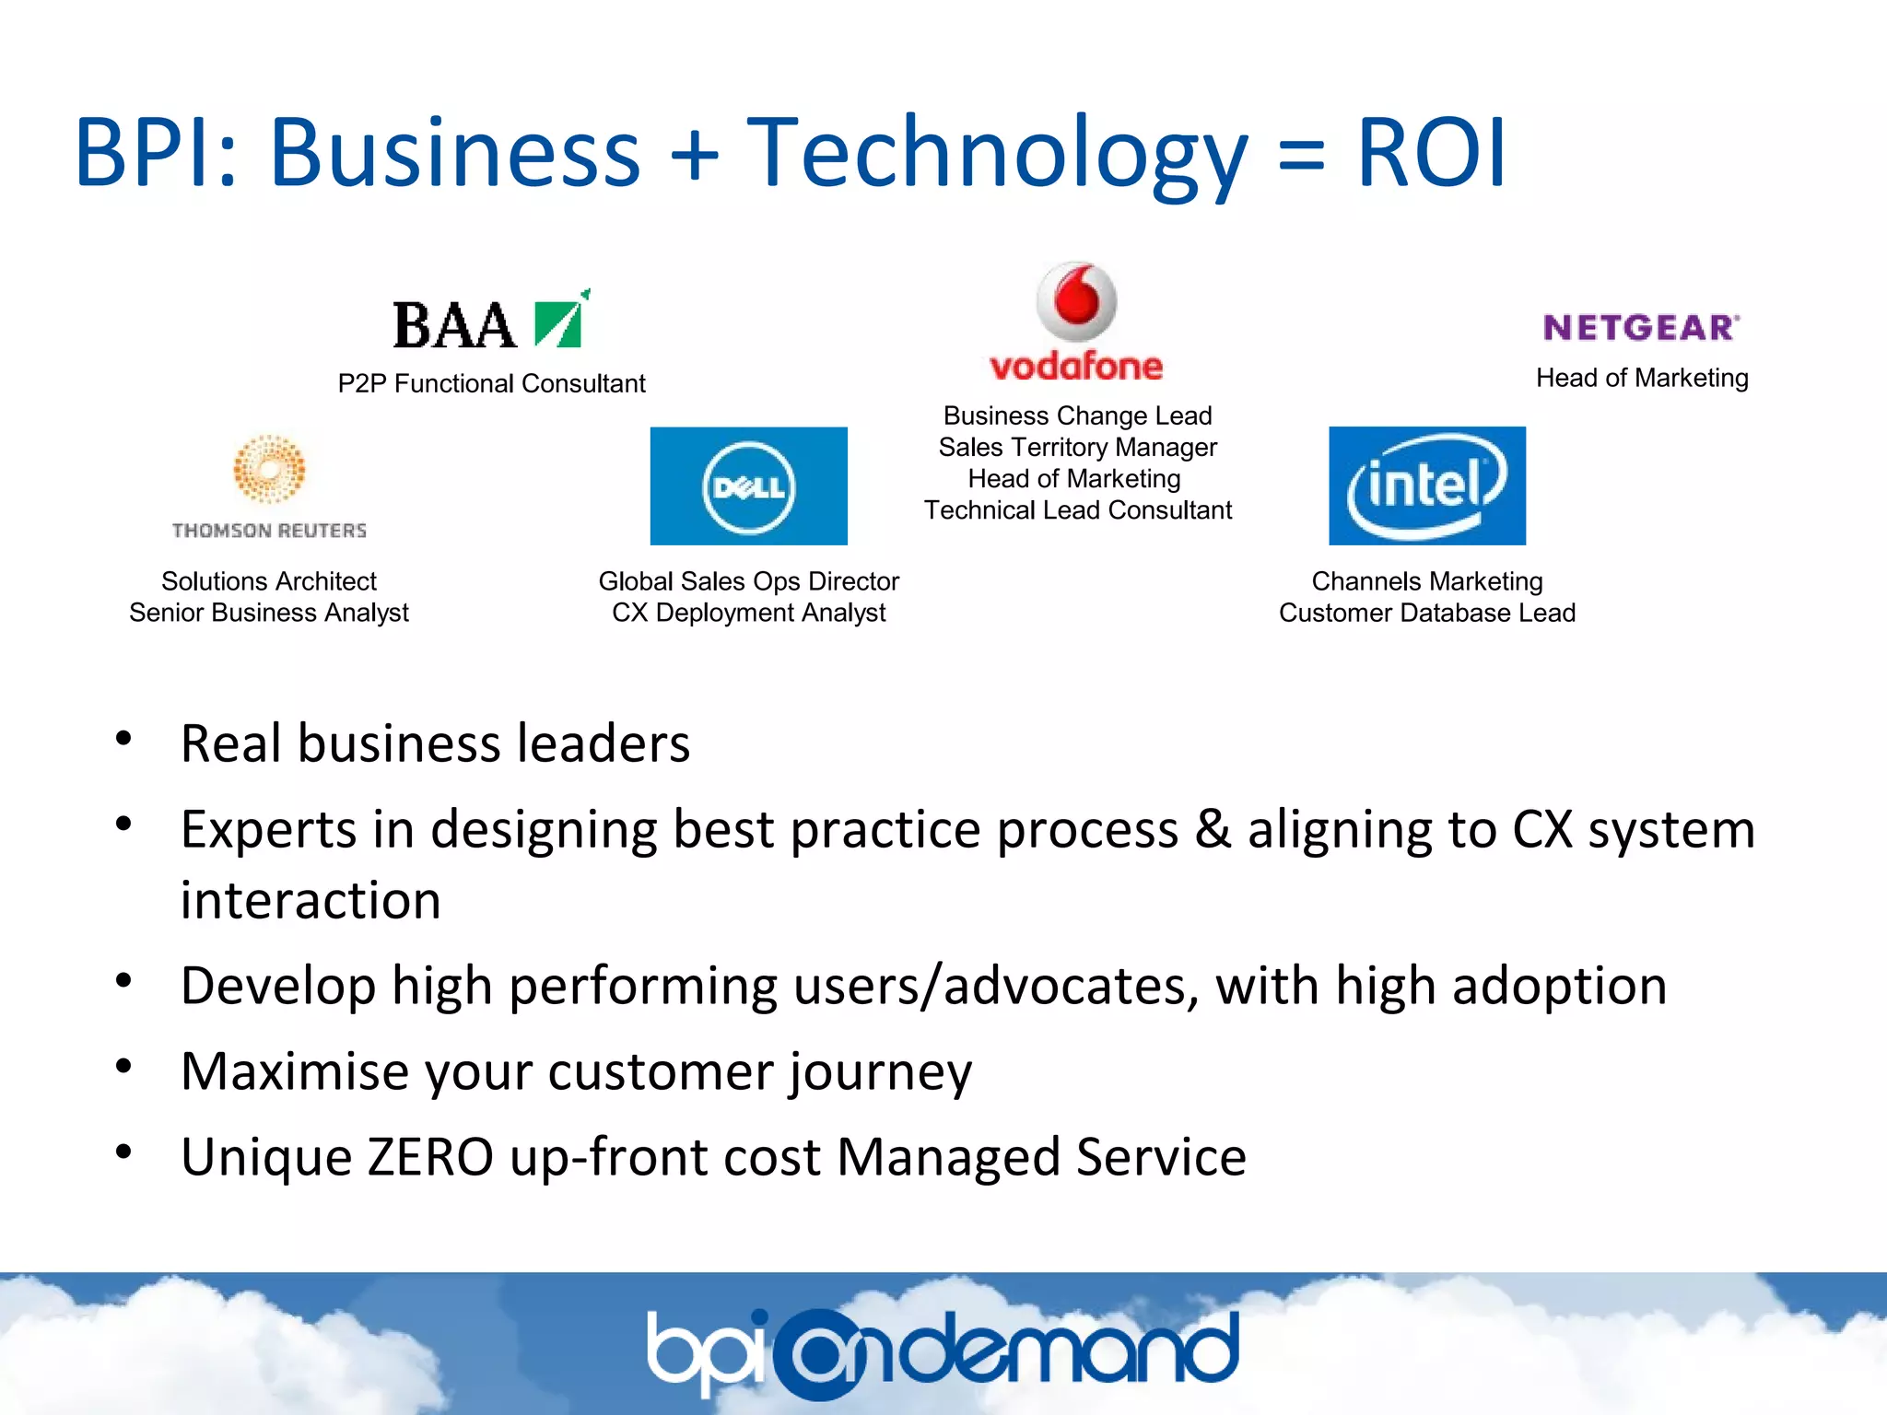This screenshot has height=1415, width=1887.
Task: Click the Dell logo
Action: pyautogui.click(x=748, y=486)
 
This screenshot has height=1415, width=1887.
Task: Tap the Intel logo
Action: pyautogui.click(x=1426, y=485)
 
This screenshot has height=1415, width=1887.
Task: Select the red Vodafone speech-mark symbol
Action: pyautogui.click(x=1076, y=301)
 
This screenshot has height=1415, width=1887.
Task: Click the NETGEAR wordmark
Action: pyautogui.click(x=1641, y=328)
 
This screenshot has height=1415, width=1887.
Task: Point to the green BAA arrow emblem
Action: pyautogui.click(x=560, y=321)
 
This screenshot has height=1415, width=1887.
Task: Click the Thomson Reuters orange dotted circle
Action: pyautogui.click(x=269, y=470)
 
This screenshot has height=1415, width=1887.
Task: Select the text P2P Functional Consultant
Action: pyautogui.click(x=491, y=383)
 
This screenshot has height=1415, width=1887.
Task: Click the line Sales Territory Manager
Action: pyautogui.click(x=1077, y=448)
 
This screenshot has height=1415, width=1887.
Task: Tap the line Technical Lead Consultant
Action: pyautogui.click(x=1077, y=510)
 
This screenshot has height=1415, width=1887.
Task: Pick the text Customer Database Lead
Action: pyautogui.click(x=1426, y=613)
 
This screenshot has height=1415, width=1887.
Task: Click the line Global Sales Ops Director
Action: pyautogui.click(x=748, y=581)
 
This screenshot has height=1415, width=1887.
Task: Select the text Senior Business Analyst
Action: pyautogui.click(x=269, y=613)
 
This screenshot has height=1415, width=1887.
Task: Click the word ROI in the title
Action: pyautogui.click(x=1431, y=152)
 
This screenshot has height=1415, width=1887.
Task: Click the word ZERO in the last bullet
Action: pyautogui.click(x=430, y=1157)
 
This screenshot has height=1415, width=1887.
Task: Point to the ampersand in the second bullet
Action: pyautogui.click(x=1213, y=829)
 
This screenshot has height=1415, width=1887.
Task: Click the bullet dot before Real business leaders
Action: pyautogui.click(x=123, y=739)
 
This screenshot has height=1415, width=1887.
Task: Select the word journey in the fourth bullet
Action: pyautogui.click(x=880, y=1073)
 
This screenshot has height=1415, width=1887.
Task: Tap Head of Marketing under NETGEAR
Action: pyautogui.click(x=1641, y=378)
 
